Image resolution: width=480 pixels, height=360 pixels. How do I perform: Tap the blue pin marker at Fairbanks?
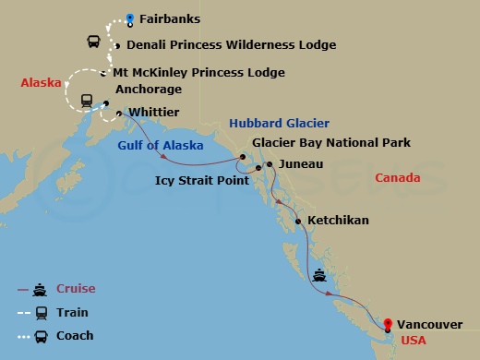[130, 18]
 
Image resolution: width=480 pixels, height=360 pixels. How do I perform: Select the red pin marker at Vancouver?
[388, 324]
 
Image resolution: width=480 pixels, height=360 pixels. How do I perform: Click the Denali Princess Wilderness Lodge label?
[218, 44]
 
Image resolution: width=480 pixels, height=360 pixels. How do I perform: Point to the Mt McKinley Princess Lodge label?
[198, 72]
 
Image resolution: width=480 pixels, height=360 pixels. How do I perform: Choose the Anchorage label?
[148, 90]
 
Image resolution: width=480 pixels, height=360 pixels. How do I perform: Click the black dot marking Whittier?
[120, 114]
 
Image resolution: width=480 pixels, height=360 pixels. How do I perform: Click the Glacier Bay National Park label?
[331, 142]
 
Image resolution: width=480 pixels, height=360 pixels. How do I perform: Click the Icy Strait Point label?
[201, 180]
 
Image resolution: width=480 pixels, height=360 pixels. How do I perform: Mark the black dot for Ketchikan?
[297, 221]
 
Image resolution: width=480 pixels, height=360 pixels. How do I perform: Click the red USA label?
[414, 340]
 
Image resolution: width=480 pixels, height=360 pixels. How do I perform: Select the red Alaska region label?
[41, 83]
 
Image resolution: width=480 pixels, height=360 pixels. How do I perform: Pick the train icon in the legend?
[41, 313]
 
